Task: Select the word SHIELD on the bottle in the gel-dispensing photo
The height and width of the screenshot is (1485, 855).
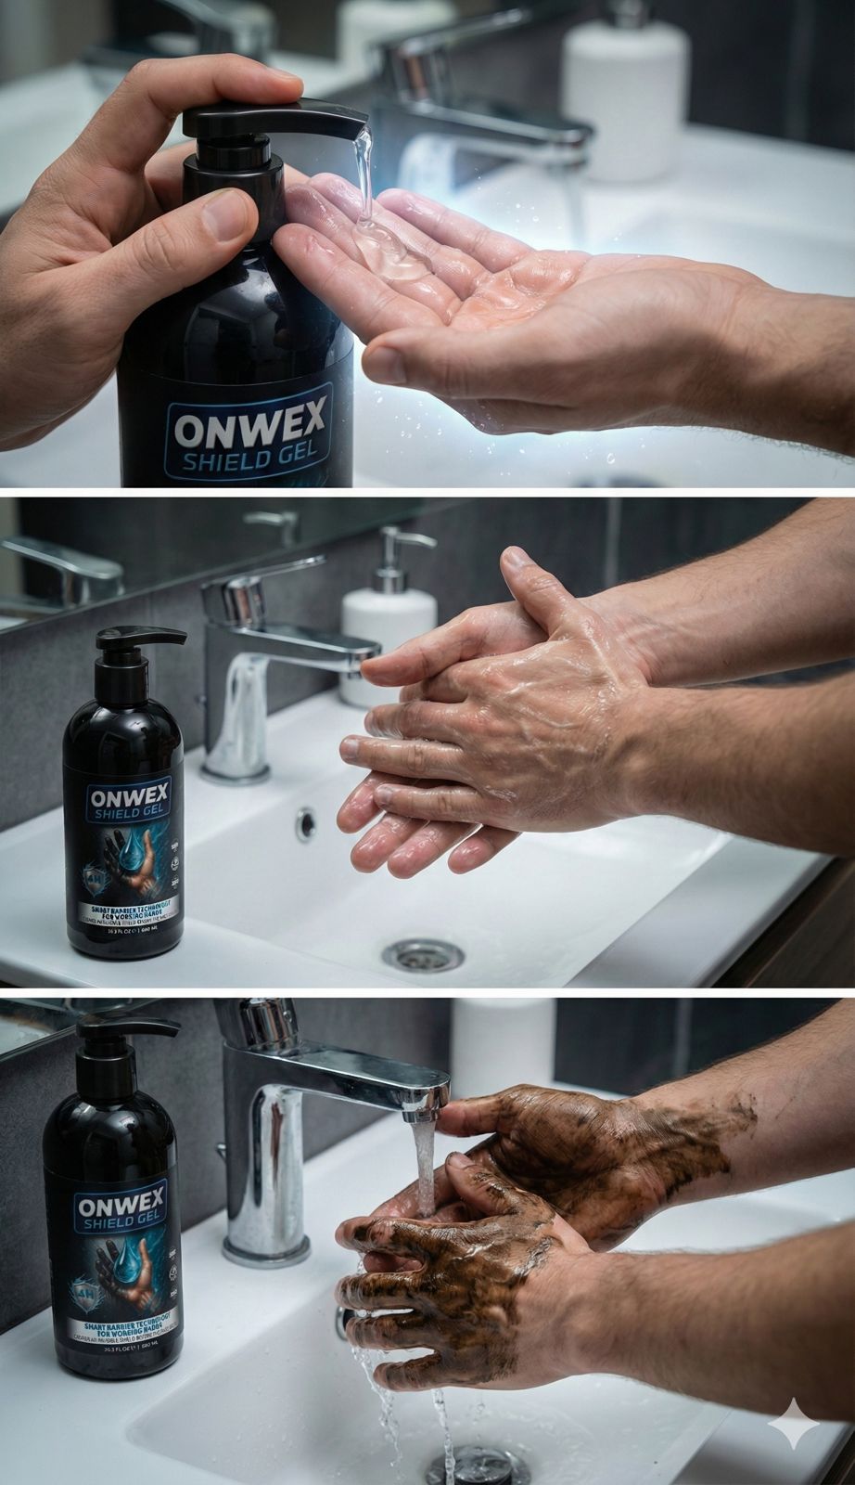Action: pos(221,461)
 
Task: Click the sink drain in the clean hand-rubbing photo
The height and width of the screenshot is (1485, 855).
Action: pos(422,952)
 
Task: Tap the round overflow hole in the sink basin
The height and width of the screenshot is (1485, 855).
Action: pos(305,820)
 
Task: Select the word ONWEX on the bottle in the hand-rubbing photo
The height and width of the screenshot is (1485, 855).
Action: pos(122,796)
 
